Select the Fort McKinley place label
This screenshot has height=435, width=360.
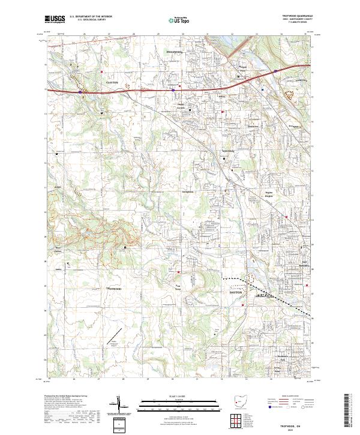click(x=304, y=263)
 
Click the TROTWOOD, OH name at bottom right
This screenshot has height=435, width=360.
click(x=292, y=424)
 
